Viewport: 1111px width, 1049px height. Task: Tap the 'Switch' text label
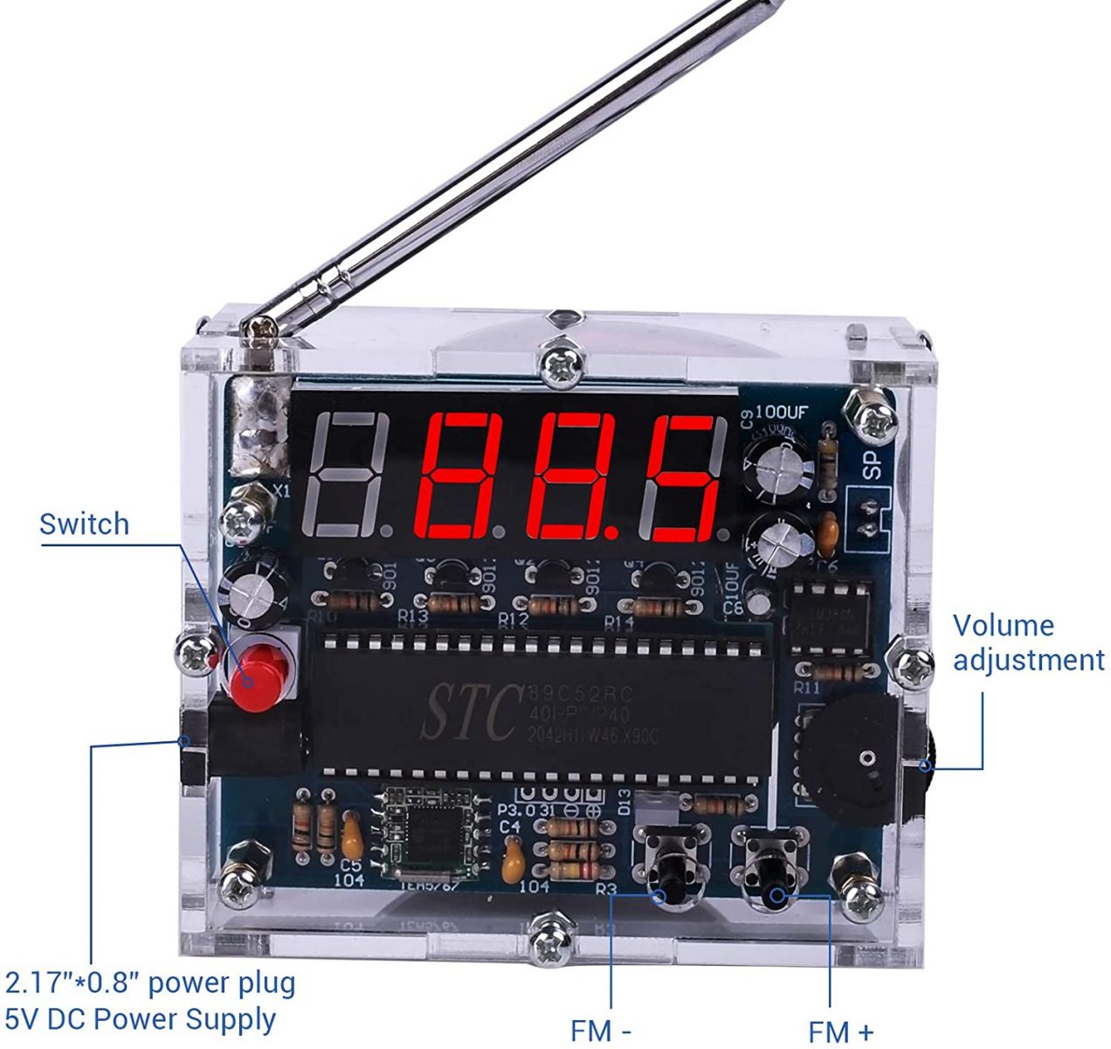tap(85, 524)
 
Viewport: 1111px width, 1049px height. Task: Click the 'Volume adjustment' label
tap(1028, 643)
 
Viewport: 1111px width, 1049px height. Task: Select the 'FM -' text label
tap(601, 1030)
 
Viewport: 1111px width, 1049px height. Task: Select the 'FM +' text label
tap(840, 1032)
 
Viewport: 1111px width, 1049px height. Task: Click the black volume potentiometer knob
tap(852, 757)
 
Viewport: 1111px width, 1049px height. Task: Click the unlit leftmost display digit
tap(348, 476)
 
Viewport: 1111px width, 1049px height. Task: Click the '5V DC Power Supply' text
tap(141, 1019)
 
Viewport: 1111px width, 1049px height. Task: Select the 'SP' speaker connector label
tap(873, 462)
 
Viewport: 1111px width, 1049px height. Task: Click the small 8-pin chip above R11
tap(831, 617)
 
